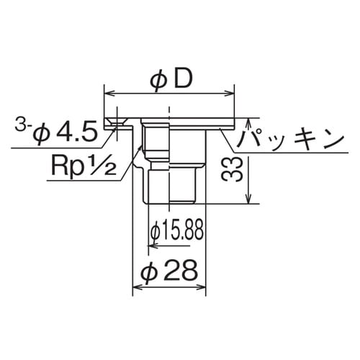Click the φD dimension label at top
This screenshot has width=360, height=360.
tap(171, 78)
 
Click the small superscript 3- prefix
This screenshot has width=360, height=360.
tap(22, 128)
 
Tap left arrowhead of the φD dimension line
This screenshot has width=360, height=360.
tap(109, 93)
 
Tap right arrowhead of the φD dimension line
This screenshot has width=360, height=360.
tap(231, 93)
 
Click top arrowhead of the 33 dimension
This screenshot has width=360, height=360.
tap(249, 122)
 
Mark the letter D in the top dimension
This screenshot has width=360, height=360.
tap(182, 78)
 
